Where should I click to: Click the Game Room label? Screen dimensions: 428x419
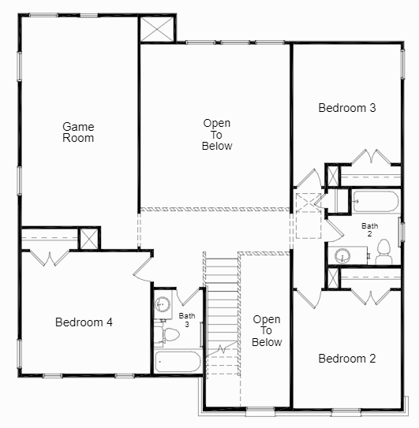click(x=79, y=132)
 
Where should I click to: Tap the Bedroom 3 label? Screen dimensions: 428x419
click(x=346, y=108)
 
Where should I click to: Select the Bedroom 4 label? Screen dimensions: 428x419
click(x=84, y=322)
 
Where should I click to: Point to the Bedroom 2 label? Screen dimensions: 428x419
click(x=346, y=359)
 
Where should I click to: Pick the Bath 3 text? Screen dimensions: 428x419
click(x=187, y=319)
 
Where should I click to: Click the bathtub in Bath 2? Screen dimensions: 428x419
click(x=375, y=201)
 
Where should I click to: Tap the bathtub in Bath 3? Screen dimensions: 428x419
click(x=178, y=363)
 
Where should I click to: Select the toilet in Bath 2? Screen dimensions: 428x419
click(x=384, y=252)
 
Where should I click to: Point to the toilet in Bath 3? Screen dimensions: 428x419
click(x=166, y=334)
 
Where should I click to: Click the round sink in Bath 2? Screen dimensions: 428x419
click(x=343, y=255)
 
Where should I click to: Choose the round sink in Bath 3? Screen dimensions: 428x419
click(x=163, y=303)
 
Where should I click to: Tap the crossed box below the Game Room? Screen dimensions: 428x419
click(x=90, y=238)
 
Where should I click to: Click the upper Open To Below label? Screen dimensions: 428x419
click(x=217, y=134)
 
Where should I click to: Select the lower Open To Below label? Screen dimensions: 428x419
click(x=267, y=330)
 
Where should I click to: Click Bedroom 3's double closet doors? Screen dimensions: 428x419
click(x=371, y=156)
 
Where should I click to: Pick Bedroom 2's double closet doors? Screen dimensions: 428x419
click(x=371, y=296)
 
